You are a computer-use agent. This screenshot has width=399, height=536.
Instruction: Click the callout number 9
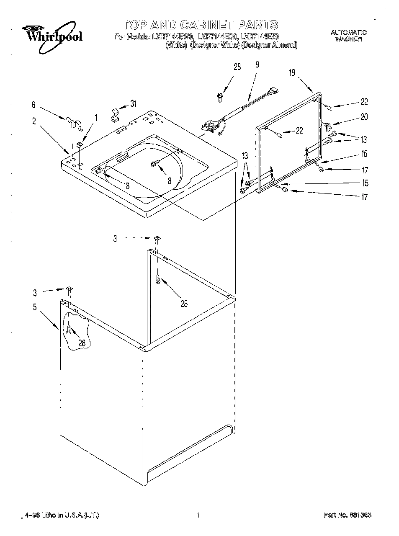(x=257, y=64)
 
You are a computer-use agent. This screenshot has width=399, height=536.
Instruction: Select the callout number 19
(x=292, y=73)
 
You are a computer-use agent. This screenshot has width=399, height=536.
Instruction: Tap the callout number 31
(x=133, y=104)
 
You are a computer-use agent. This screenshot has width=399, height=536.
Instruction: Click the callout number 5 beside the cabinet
(x=35, y=307)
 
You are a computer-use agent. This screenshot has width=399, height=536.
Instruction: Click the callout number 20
(x=364, y=117)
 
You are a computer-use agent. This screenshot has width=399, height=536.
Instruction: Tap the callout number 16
(x=364, y=154)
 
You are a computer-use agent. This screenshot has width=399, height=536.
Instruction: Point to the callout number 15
(x=365, y=183)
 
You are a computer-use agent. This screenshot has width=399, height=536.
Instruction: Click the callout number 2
(x=34, y=121)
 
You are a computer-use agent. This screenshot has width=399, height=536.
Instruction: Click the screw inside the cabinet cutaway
(x=69, y=330)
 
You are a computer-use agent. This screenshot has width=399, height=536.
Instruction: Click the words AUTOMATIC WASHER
(x=348, y=36)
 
